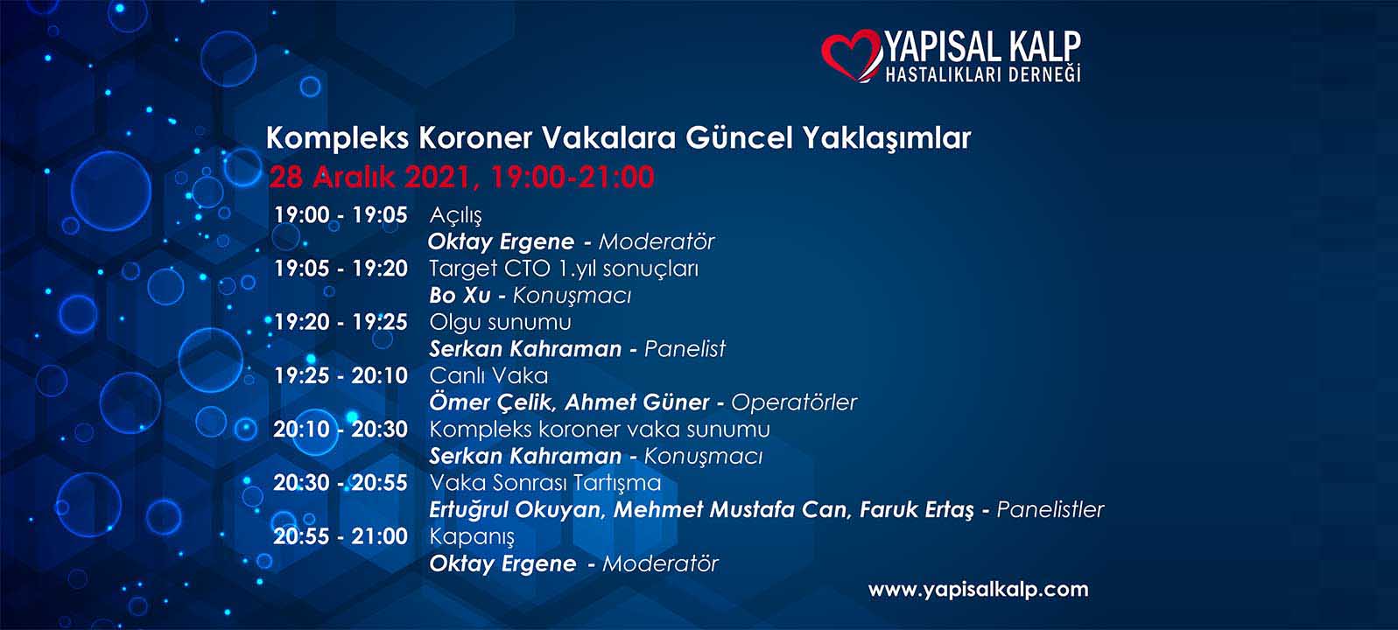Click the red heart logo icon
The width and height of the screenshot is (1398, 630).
[x=850, y=56]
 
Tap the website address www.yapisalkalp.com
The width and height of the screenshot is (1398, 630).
[x=978, y=590]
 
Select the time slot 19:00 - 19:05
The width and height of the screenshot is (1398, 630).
[x=341, y=215]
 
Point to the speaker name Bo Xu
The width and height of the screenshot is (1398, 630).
[x=460, y=295]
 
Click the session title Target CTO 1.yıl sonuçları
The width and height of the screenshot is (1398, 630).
[x=564, y=269]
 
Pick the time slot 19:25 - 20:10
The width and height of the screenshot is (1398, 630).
[x=341, y=376]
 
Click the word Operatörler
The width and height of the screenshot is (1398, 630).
[x=794, y=403]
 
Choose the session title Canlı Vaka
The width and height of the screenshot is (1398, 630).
[x=488, y=376]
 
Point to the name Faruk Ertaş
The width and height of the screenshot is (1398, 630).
[x=917, y=510]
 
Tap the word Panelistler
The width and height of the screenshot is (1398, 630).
[x=1050, y=509]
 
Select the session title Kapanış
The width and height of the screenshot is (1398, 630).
[x=472, y=537]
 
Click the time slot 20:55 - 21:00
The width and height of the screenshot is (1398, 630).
[x=341, y=536]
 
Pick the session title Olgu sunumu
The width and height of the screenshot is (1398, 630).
[x=500, y=323]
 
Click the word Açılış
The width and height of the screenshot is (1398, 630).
[x=455, y=216]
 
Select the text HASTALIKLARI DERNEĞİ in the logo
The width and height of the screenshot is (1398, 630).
[x=983, y=74]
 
